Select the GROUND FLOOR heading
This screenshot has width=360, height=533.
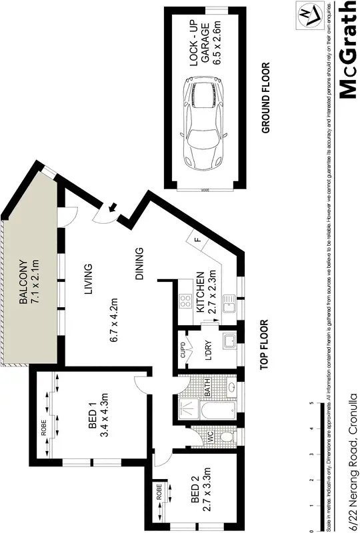tap(265, 98)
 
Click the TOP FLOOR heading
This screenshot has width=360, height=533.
tap(265, 344)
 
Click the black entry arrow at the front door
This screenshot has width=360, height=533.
tap(113, 209)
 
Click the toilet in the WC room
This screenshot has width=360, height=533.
tap(226, 437)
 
